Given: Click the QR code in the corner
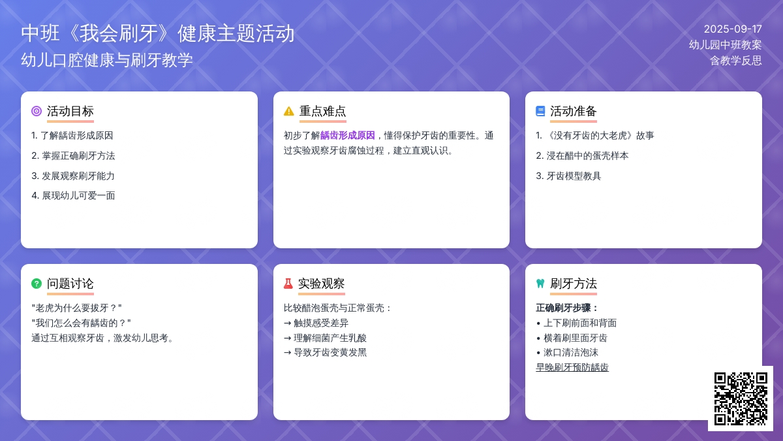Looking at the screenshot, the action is [x=741, y=399].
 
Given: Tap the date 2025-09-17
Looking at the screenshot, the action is [x=733, y=29].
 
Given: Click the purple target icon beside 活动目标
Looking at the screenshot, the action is [x=37, y=111].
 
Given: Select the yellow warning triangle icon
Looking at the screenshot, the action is [x=288, y=111].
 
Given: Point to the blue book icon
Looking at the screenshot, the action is [x=540, y=111].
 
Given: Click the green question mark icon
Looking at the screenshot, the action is [x=37, y=284].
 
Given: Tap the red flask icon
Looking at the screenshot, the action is [x=288, y=284].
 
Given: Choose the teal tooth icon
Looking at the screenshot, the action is [x=540, y=284].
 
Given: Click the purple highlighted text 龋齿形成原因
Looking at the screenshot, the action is [x=347, y=135].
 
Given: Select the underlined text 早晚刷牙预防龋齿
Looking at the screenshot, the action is [x=572, y=367].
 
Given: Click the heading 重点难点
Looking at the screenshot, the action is [x=322, y=111].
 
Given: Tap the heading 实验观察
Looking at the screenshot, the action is [x=321, y=284].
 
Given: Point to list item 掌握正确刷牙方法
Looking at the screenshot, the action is [x=73, y=155].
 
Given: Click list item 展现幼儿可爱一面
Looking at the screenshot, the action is [x=73, y=195].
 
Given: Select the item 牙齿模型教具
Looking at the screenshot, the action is [x=568, y=176].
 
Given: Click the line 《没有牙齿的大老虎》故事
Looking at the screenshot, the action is [x=595, y=135].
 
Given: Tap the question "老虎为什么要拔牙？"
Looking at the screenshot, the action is [x=76, y=308].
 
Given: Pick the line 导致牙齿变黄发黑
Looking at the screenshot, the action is [x=326, y=352].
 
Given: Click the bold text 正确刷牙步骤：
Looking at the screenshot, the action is [x=568, y=308].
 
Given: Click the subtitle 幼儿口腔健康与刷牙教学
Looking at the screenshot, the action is [x=107, y=60].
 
